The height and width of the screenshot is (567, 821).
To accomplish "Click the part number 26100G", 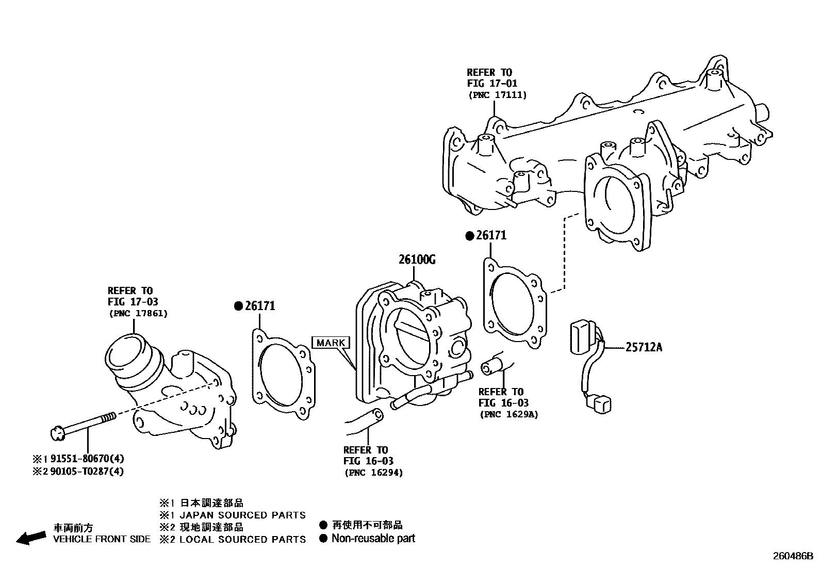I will (x=417, y=260).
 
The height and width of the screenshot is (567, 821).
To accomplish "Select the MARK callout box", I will (x=331, y=343).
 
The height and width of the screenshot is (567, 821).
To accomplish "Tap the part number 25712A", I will (x=644, y=347).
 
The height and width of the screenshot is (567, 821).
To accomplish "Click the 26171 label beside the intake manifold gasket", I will (x=491, y=236).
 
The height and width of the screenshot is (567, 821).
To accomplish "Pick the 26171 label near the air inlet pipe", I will (x=260, y=306).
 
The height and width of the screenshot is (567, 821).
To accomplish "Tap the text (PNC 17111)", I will (x=497, y=95).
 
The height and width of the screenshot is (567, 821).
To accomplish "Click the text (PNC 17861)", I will (x=138, y=313).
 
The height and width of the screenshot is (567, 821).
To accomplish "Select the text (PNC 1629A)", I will (x=508, y=414).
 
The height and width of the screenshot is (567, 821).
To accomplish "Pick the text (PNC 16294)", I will (x=373, y=472).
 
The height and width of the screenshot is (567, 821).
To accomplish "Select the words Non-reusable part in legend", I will (x=373, y=539).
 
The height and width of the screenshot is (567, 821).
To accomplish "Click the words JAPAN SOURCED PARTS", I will (x=242, y=515).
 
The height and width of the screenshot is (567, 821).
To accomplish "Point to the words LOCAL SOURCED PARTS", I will (x=242, y=540).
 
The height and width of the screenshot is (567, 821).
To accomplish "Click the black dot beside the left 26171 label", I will (x=238, y=306).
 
